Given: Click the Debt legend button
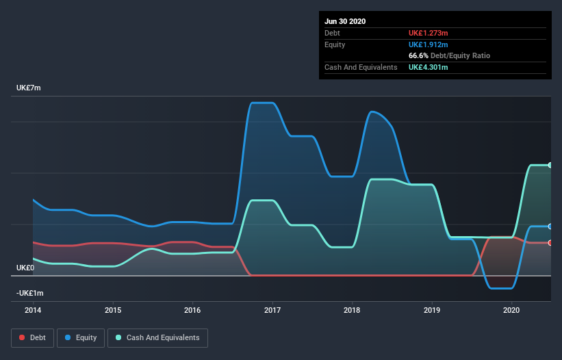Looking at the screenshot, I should coord(31,337).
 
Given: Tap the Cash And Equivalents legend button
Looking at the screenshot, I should coord(157,337).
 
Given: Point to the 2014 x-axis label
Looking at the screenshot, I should coord(33,310).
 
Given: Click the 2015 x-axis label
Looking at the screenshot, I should coord(113,310).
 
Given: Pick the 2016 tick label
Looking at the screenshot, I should coord(192,310).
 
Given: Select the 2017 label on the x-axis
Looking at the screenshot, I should coord(272,310).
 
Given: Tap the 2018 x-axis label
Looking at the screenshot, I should coord(353,310).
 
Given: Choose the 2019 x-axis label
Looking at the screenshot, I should coord(432,310).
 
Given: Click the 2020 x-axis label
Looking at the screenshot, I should coord(512,310).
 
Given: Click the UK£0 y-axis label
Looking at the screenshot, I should coord(25,268).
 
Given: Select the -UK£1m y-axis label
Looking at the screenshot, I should coord(29,293).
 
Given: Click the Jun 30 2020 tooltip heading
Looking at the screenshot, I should coord(345,21).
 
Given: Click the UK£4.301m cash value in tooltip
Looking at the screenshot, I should coord(429,67).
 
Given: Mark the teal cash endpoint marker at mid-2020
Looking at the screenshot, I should coord(550,165).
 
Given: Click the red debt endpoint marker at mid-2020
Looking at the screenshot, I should coord(550,243).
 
